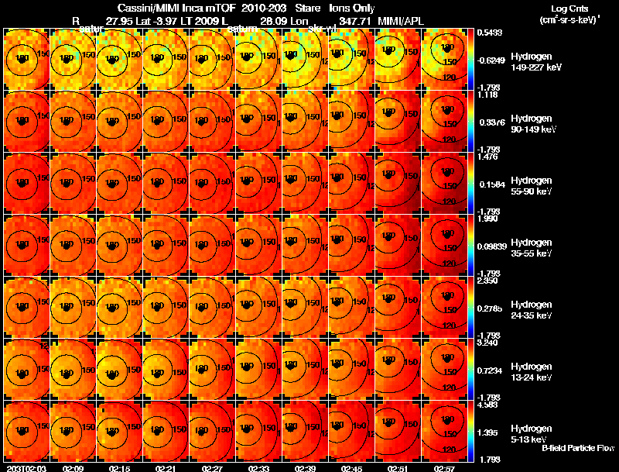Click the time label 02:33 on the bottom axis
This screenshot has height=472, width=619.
point(258,468)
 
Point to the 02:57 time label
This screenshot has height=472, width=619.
point(444,468)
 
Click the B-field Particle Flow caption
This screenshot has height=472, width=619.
point(577,448)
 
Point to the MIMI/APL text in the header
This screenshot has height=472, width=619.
point(398,21)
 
